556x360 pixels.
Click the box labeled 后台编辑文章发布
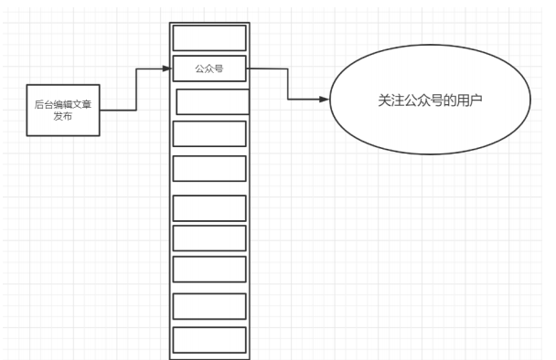61,111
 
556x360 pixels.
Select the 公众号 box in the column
209,69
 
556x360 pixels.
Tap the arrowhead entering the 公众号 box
168,69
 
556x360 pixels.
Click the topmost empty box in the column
209,37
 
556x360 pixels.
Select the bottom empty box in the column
209,340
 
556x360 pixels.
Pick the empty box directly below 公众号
212,101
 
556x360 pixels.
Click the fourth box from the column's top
209,134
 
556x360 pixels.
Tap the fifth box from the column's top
209,169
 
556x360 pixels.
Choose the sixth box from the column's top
209,207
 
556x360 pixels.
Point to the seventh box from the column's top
209,238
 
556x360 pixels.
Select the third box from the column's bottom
209,269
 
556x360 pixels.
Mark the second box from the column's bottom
209,306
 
